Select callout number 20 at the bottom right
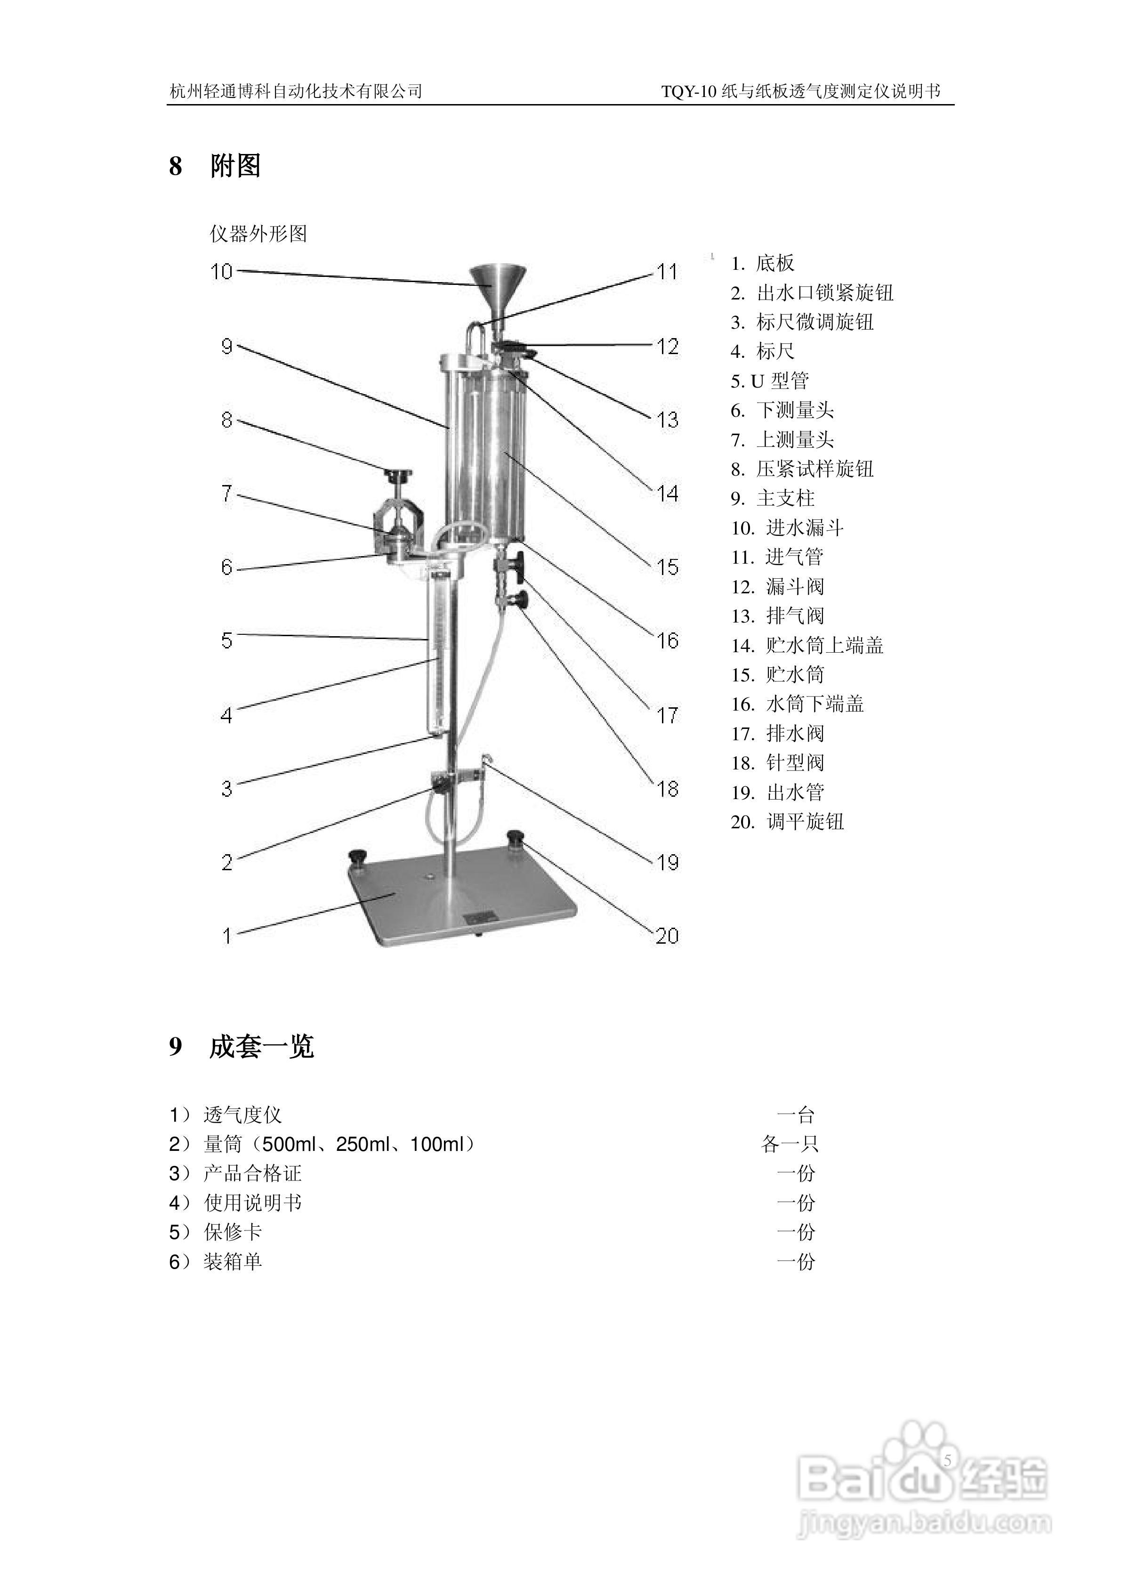[667, 936]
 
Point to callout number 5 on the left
[226, 640]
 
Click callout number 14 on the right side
[667, 493]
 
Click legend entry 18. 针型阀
[778, 762]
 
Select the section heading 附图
[235, 166]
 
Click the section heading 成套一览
[261, 1046]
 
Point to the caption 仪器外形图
[258, 234]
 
